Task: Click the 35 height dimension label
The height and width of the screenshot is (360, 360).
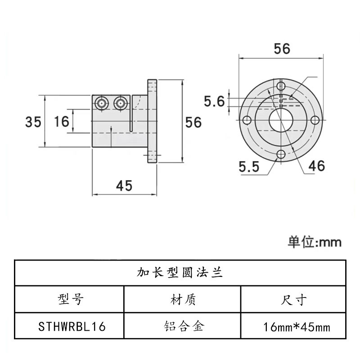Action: pyautogui.click(x=33, y=121)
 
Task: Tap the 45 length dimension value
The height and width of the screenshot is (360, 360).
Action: pyautogui.click(x=124, y=185)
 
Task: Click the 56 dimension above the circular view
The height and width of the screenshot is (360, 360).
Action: pyautogui.click(x=282, y=49)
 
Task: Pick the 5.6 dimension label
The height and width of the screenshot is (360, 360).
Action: pyautogui.click(x=214, y=101)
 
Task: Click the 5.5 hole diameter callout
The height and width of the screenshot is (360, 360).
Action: pyautogui.click(x=249, y=167)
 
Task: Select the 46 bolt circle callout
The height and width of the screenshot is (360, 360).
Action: pyautogui.click(x=316, y=166)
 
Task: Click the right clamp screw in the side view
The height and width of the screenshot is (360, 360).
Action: pyautogui.click(x=120, y=103)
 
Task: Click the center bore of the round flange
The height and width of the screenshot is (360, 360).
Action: pyautogui.click(x=281, y=120)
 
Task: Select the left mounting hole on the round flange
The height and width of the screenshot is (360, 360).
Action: pyautogui.click(x=247, y=120)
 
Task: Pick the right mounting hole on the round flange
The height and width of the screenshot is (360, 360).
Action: pyautogui.click(x=315, y=120)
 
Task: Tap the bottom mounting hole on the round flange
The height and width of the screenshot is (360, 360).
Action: pyautogui.click(x=281, y=154)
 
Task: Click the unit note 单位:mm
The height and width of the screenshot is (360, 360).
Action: pyautogui.click(x=315, y=242)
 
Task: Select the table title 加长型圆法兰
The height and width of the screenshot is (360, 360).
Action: pyautogui.click(x=180, y=273)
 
